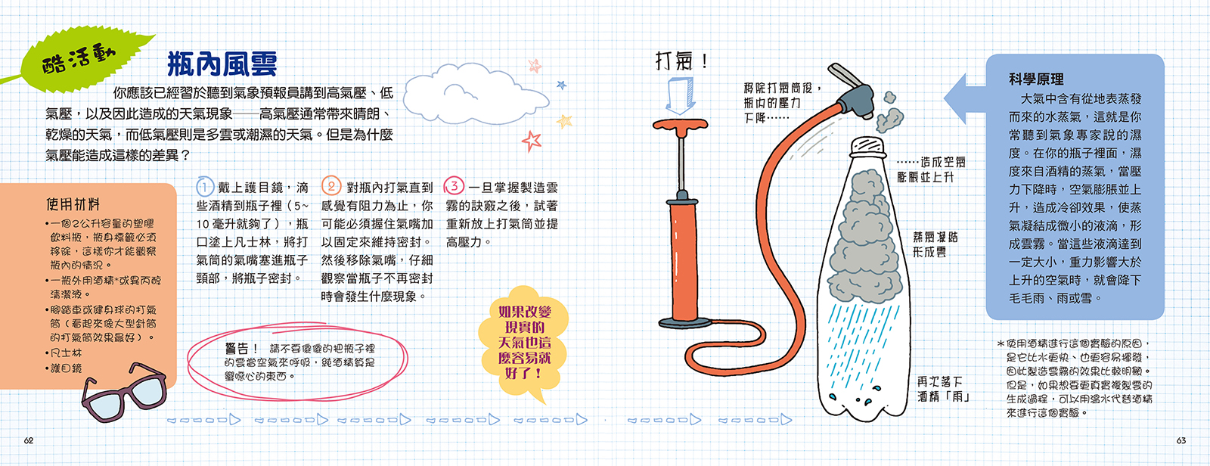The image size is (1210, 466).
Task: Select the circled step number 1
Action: tap(205, 187)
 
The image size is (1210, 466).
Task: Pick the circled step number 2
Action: tap(331, 186)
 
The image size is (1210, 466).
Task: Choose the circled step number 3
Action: tap(455, 186)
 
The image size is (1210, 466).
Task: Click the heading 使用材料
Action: tap(73, 204)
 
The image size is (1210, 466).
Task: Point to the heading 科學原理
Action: tap(1036, 79)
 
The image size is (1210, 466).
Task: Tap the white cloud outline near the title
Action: tap(476, 95)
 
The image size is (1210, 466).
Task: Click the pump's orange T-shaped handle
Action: tap(680, 126)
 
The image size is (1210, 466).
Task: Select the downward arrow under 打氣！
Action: tap(680, 95)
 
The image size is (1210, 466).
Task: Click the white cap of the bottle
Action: tap(867, 146)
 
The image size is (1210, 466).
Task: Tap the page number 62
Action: tap(29, 440)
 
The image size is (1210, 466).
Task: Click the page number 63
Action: tap(1181, 440)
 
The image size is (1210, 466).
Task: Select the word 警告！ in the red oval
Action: tap(242, 349)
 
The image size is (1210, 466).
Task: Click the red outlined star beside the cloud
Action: tap(532, 141)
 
